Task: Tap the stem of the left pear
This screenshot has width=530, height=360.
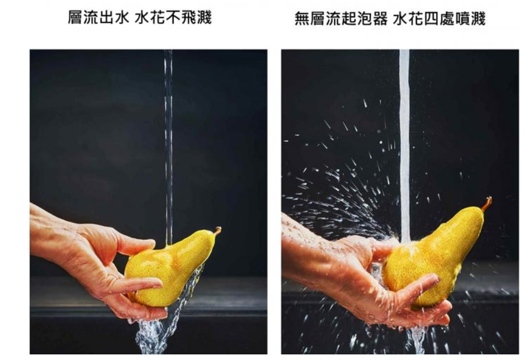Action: [217, 230]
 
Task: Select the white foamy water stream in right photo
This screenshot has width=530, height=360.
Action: [405, 145]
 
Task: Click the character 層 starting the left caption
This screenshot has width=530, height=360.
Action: [75, 17]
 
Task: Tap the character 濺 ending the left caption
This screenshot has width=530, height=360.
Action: [204, 17]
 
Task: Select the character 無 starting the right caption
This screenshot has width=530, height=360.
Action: [302, 18]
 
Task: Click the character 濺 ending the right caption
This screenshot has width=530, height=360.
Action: [477, 18]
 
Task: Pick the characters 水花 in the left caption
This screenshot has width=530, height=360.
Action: [150, 17]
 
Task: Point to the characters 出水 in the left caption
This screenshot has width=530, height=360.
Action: [114, 17]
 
